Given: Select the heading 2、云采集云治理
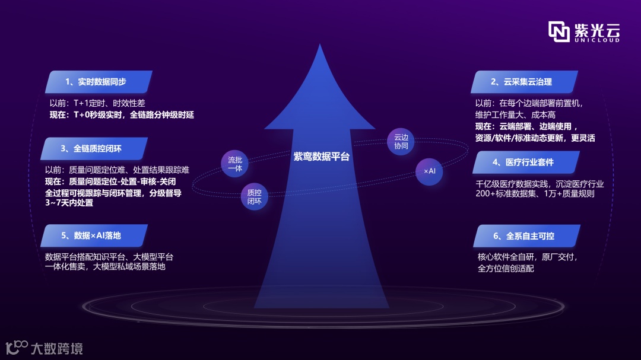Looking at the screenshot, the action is [521, 82].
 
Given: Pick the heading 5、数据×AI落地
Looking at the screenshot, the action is [91, 235].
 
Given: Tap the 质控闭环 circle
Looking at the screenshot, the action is [254, 197].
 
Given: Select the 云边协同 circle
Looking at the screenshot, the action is [401, 142].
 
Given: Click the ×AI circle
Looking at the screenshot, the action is [429, 171].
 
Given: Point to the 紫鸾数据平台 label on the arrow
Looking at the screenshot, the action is [322, 157].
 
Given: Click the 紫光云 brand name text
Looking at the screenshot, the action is [596, 28].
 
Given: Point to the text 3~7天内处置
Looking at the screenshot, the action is [69, 203].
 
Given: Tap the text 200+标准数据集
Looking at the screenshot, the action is [508, 194].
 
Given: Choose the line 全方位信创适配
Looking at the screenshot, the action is [506, 269].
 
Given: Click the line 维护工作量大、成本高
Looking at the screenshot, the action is [515, 114].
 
